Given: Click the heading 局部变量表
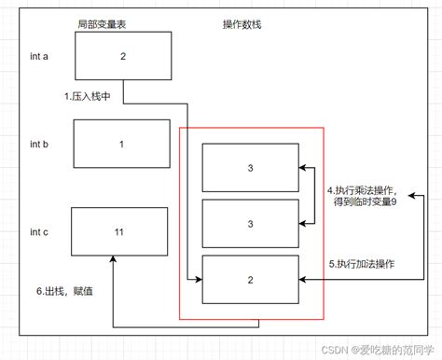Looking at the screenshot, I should (103, 22).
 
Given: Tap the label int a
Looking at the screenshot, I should (39, 56).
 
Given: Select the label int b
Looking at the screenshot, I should (39, 146).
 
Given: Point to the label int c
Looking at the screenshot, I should (39, 231).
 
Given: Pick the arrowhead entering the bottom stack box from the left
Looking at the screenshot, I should (199, 279).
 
